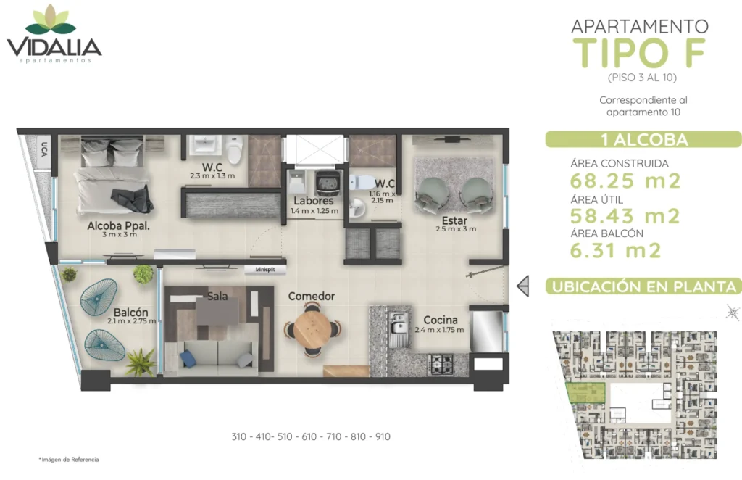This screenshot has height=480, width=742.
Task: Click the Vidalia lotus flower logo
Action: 51,20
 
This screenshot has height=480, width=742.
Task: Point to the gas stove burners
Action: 441,364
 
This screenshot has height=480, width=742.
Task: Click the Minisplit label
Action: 265,269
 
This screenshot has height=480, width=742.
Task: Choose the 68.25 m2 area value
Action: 625,181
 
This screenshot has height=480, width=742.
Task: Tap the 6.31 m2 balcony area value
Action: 615,250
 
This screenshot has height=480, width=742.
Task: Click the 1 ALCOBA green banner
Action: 643,139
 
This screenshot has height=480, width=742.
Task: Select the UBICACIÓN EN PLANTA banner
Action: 643,286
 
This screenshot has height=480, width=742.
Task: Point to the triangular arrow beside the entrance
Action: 523,286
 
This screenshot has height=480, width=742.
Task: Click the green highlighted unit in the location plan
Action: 585,392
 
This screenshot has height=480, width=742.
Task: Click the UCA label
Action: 43,149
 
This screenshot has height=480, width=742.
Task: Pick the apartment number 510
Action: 285,436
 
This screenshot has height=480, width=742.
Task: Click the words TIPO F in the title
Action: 640,53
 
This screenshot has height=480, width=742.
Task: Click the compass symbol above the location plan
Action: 733,313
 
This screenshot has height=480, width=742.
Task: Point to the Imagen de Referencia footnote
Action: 69,459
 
